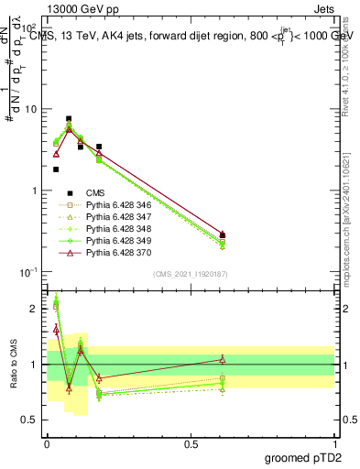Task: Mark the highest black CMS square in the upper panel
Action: pyautogui.click(x=69, y=119)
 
